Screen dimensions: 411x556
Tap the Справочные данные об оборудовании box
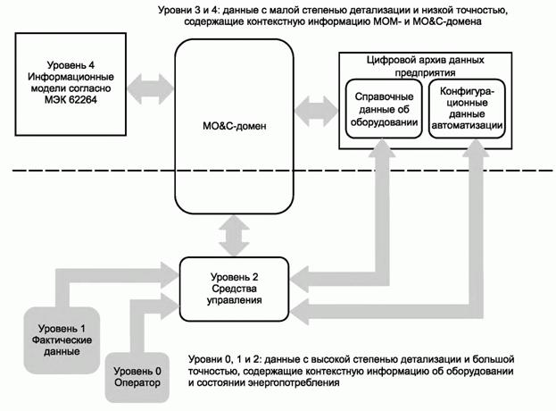point(383,113)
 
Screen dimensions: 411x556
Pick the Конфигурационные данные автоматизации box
point(468,113)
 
